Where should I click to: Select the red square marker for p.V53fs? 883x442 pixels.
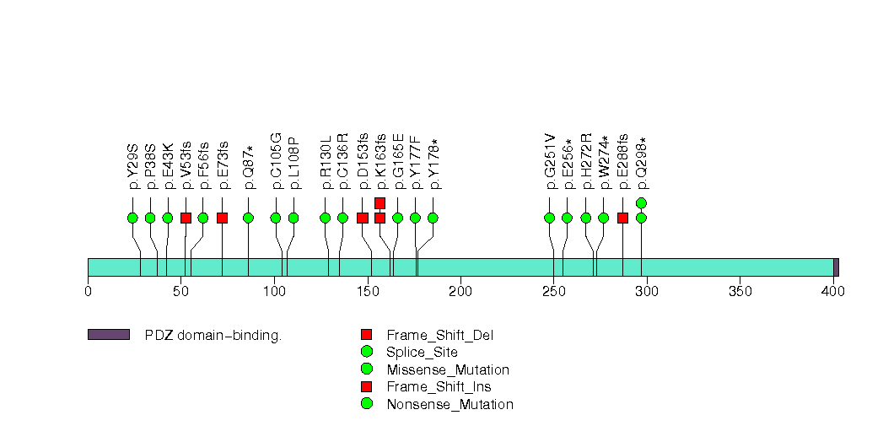186,218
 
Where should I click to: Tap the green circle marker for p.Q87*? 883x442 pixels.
249,218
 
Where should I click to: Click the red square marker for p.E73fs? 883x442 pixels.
222,218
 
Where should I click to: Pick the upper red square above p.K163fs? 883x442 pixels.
380,202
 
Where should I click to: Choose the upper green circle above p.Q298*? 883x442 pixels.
641,202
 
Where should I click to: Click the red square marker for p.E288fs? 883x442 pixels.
622,218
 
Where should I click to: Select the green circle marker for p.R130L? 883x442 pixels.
326,218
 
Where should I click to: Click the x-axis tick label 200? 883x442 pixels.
460,292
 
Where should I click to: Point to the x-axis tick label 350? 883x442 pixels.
740,292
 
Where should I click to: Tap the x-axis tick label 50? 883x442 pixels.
180,292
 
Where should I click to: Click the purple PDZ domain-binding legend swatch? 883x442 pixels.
108,335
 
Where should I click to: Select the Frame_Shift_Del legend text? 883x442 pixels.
439,336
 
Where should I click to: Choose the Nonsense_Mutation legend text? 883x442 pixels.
450,405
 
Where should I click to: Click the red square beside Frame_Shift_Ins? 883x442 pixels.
366,387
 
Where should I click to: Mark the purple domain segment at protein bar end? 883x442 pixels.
836,267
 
